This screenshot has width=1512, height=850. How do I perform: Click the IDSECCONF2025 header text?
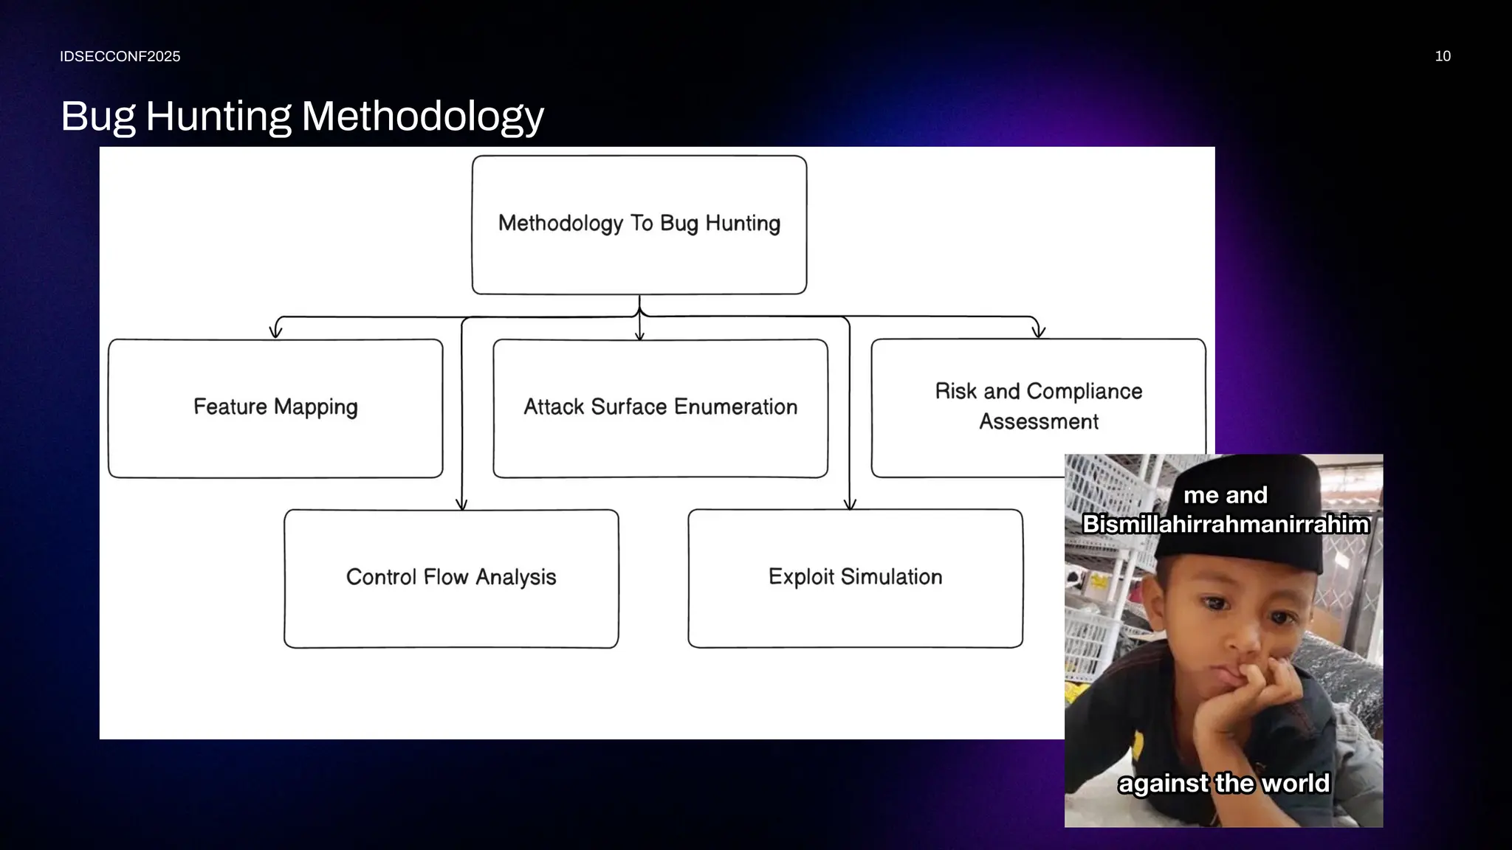tap(120, 57)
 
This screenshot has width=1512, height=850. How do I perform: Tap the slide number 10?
tap(1443, 57)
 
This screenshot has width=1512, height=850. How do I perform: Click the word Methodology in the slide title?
tap(422, 117)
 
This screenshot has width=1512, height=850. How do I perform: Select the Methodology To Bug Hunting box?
tap(639, 224)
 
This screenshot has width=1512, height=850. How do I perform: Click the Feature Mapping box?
tap(275, 408)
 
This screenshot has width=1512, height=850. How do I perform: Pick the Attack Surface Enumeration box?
tap(660, 408)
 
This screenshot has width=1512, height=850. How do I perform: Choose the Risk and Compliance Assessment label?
tap(1038, 406)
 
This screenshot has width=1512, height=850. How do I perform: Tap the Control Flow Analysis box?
tap(451, 578)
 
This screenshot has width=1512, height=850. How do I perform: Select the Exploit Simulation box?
tap(855, 578)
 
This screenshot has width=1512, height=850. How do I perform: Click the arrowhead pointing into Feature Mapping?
tap(275, 332)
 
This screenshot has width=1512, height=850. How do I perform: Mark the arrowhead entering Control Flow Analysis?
tap(461, 505)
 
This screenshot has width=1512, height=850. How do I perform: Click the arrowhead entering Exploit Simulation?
tap(850, 505)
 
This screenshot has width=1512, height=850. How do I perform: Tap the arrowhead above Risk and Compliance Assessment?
tap(1038, 332)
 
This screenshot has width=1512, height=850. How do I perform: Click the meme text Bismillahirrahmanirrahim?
tap(1226, 525)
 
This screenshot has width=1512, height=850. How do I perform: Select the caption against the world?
tap(1223, 783)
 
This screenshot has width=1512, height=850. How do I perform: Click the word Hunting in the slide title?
tap(219, 117)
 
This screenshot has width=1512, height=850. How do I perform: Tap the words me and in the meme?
tap(1226, 495)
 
